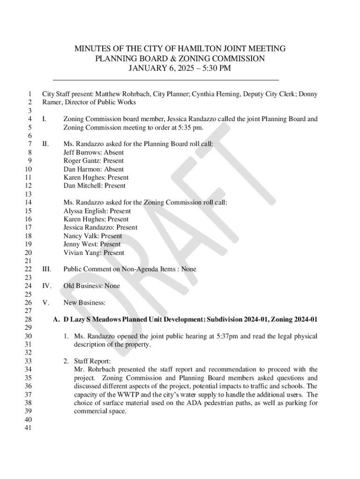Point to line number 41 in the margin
click(x=27, y=428)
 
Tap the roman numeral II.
click(x=45, y=144)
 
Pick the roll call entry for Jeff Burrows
click(x=94, y=152)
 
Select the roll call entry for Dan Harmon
click(x=94, y=169)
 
